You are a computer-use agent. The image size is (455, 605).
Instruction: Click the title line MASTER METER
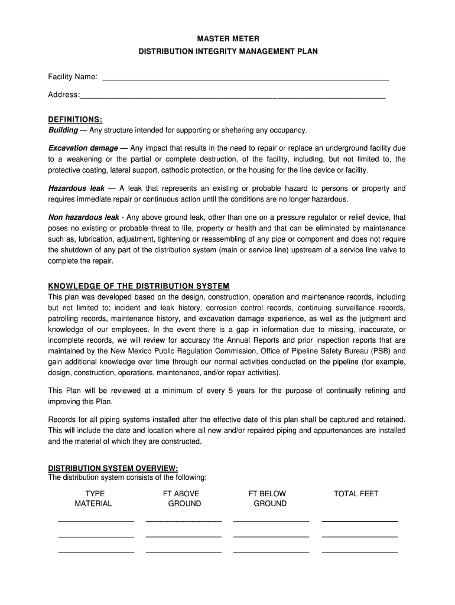[227, 38]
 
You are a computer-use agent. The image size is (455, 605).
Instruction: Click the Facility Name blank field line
[245, 79]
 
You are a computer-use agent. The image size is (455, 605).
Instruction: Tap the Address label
[63, 95]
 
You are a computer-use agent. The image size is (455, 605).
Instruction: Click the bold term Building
[63, 130]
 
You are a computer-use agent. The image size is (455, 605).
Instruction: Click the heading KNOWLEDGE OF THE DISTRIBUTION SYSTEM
[138, 286]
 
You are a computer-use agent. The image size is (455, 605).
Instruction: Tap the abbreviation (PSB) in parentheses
[379, 351]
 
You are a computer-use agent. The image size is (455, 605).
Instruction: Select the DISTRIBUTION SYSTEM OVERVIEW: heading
[112, 468]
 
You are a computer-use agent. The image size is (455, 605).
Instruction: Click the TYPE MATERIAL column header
[93, 499]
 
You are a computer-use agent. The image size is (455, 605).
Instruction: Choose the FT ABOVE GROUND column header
[184, 499]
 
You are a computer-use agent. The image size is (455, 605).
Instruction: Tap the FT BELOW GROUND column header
[269, 499]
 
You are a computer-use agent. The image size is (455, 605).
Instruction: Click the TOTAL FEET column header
[356, 494]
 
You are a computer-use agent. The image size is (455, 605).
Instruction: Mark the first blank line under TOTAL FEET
[359, 522]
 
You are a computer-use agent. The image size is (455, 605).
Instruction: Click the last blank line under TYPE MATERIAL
[96, 552]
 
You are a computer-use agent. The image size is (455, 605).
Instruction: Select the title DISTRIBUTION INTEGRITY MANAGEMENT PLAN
[227, 51]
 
